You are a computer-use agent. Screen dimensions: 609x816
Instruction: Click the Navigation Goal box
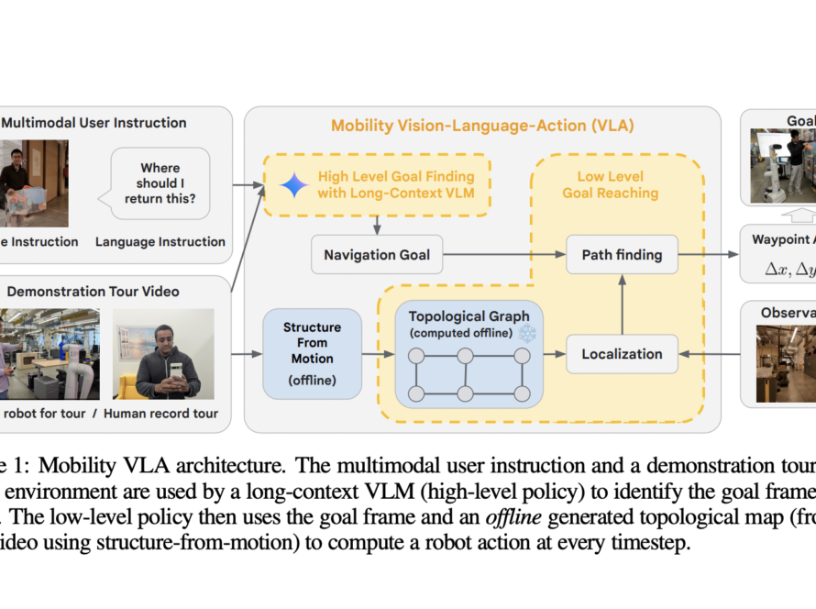point(377,254)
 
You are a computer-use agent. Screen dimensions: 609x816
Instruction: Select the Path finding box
point(622,254)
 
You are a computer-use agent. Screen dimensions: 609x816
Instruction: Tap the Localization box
point(622,353)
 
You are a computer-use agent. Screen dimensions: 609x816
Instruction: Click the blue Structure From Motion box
point(312,353)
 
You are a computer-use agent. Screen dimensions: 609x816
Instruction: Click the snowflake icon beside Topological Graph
point(526,333)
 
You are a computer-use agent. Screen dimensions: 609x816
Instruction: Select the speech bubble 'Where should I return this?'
point(160,183)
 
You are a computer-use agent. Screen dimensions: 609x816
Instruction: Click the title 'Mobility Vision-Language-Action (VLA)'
point(482,126)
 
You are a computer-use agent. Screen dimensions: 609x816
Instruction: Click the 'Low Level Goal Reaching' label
point(611,184)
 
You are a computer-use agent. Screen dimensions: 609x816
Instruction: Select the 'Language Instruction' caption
point(160,242)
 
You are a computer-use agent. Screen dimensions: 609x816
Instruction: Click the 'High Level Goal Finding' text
point(396,176)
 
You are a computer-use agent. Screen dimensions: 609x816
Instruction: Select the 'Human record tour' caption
point(161,414)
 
